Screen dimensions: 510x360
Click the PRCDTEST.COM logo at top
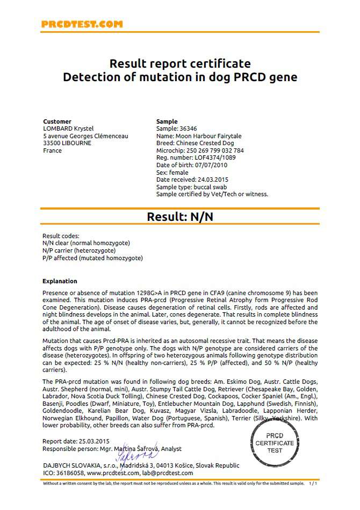click(82, 24)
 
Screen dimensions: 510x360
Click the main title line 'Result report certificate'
click(180, 64)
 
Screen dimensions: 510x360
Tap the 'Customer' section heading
click(57, 121)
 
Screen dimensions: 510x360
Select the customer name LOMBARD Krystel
click(68, 129)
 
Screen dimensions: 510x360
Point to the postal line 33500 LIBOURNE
click(66, 143)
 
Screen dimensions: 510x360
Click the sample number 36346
click(189, 129)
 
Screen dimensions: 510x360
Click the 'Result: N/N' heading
click(180, 217)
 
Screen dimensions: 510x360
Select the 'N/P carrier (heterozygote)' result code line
click(78, 250)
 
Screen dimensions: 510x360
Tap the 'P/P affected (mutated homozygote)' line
click(92, 258)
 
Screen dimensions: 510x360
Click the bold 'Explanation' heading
click(60, 281)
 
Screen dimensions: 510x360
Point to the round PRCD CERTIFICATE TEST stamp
click(275, 442)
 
